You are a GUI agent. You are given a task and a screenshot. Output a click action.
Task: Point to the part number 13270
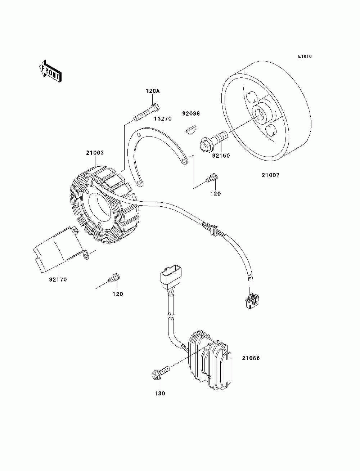click(x=163, y=118)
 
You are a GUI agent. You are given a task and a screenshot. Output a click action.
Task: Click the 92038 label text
click(x=190, y=113)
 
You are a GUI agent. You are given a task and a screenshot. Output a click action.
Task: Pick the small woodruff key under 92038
click(x=190, y=129)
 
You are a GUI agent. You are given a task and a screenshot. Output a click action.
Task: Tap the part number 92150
click(x=221, y=156)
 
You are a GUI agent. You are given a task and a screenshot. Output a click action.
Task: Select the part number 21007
click(x=271, y=175)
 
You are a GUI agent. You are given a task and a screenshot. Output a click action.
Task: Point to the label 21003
click(x=95, y=153)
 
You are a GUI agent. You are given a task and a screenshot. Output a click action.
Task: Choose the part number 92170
click(x=58, y=279)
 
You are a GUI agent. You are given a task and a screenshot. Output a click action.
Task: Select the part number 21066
click(x=251, y=358)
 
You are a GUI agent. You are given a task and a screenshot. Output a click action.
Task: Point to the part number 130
click(x=160, y=394)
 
